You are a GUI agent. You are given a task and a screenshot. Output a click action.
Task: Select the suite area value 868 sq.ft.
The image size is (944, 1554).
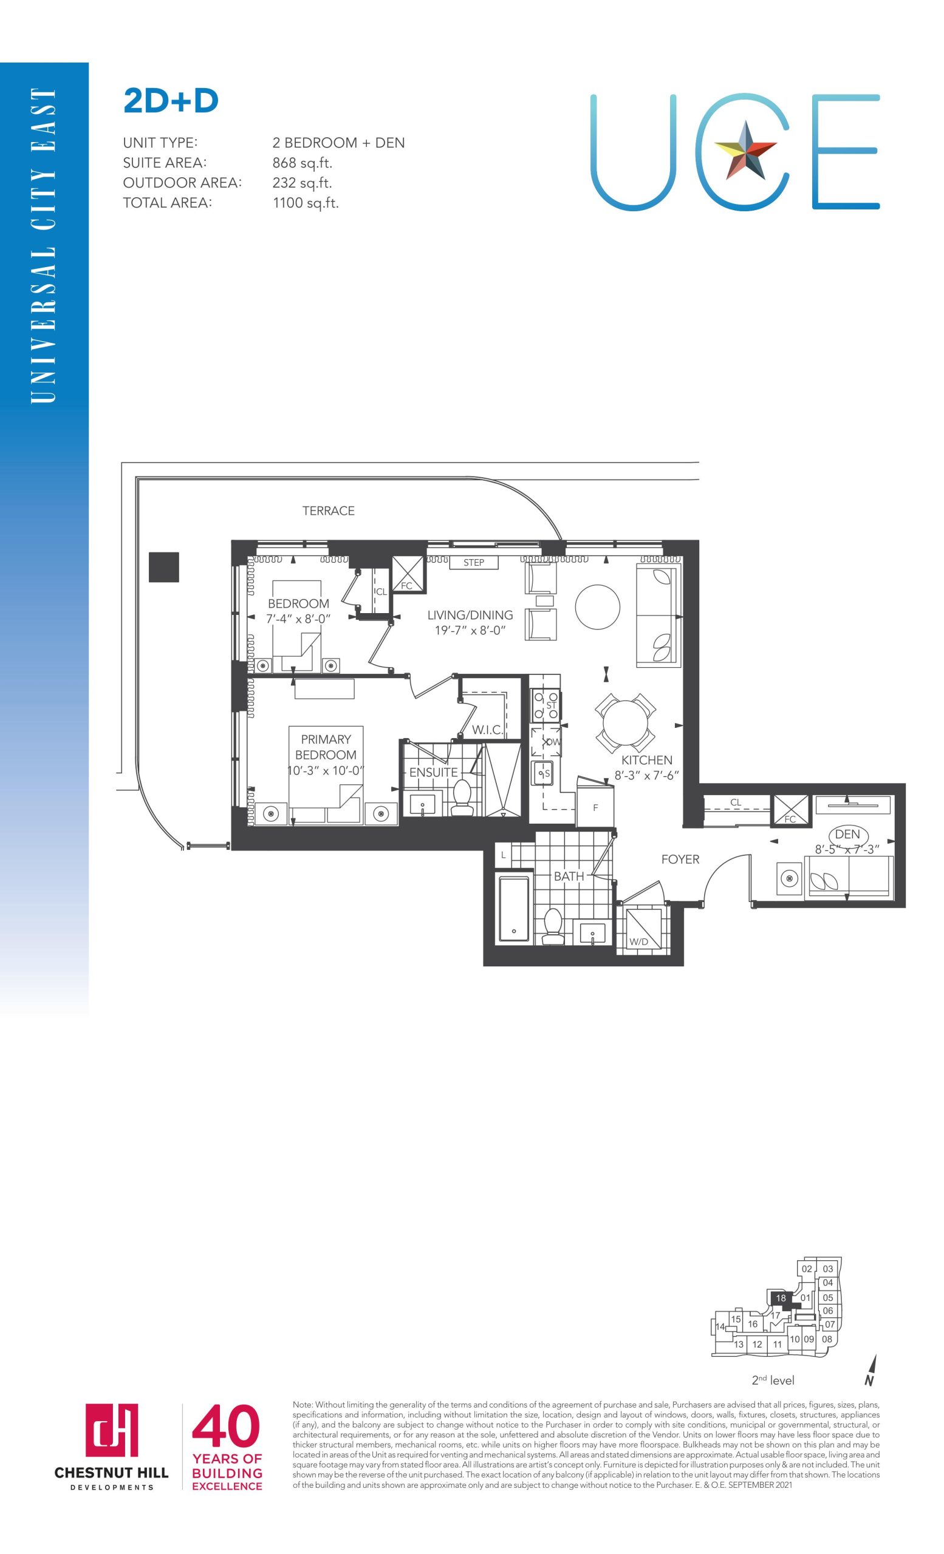(x=303, y=163)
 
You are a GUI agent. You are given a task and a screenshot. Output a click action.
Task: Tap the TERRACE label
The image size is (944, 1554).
(x=328, y=511)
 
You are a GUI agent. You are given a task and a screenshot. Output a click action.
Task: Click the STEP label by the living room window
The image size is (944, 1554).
(x=474, y=563)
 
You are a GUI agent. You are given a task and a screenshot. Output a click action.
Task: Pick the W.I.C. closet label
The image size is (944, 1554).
(x=487, y=730)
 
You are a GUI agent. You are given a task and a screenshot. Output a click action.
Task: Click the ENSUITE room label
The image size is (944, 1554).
(x=434, y=772)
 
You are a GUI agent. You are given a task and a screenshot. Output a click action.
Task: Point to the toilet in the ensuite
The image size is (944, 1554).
(x=462, y=798)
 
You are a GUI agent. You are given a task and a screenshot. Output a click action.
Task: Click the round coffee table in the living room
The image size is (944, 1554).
(x=598, y=606)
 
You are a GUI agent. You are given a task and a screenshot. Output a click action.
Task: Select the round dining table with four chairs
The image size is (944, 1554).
(x=624, y=724)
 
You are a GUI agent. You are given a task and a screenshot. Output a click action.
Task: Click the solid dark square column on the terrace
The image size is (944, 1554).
(x=164, y=567)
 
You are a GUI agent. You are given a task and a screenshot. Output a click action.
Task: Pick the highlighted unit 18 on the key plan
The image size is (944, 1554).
(x=781, y=1298)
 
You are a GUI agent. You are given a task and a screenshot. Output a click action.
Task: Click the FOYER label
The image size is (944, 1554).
(x=680, y=860)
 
